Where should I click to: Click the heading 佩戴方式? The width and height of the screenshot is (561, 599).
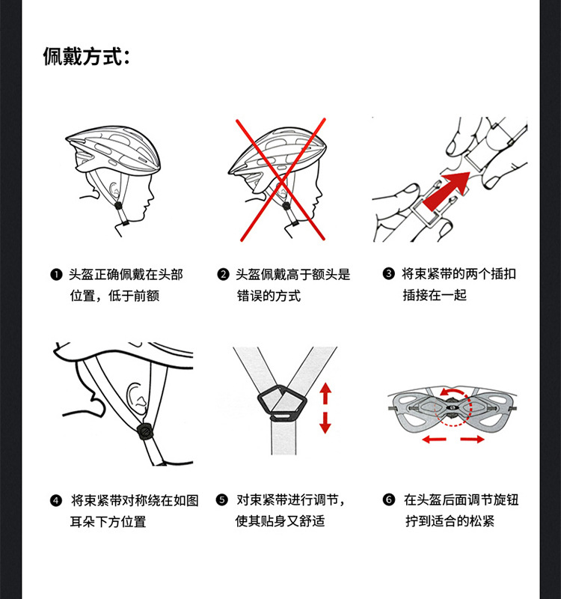[x=86, y=57]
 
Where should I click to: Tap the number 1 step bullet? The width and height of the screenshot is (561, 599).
[x=56, y=275]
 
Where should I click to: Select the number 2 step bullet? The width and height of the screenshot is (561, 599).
[x=223, y=275]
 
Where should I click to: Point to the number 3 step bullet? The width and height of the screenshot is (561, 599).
[x=388, y=274]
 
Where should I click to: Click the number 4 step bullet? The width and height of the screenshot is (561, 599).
[x=56, y=500]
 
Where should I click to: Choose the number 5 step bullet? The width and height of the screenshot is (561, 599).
[x=221, y=499]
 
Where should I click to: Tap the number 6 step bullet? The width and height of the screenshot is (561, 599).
[x=388, y=499]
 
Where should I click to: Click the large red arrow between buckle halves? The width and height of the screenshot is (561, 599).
[x=447, y=190]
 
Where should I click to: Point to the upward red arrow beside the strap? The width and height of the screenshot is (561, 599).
[x=325, y=394]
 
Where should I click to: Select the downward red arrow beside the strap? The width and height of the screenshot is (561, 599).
[x=325, y=422]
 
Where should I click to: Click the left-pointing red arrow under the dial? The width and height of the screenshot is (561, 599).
[x=435, y=440]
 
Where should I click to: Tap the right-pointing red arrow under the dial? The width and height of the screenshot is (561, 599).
[x=472, y=440]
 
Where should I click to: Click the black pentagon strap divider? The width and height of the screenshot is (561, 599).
[x=283, y=401]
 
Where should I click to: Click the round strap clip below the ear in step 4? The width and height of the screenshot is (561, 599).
[x=145, y=432]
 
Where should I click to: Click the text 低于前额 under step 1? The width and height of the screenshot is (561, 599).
[x=134, y=296]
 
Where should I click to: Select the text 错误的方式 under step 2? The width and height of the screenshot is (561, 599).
[x=269, y=296]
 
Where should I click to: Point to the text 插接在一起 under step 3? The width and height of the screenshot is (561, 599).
[x=435, y=295]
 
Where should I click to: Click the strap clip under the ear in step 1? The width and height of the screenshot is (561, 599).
[x=119, y=205]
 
